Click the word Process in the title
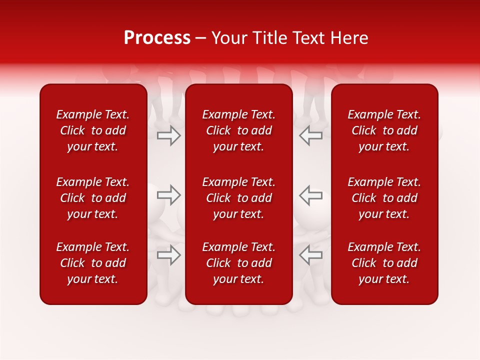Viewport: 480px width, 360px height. pos(157,38)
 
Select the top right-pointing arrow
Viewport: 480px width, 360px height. pos(169,135)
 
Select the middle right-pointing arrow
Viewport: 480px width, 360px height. pos(169,195)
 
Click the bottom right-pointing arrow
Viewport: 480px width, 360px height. pos(169,255)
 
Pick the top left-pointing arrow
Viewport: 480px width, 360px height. pos(311,135)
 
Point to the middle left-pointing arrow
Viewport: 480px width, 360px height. pos(311,195)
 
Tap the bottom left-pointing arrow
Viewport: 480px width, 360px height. pos(311,255)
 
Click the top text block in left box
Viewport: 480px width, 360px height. pos(93,130)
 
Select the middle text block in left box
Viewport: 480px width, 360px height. pos(93,198)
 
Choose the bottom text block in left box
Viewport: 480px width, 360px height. pos(93,263)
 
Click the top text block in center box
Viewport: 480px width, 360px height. pos(239,130)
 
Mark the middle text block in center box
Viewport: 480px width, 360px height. pos(239,198)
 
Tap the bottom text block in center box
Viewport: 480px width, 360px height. pos(239,263)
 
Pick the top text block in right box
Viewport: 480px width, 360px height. pos(384,130)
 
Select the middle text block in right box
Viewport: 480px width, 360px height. pos(384,198)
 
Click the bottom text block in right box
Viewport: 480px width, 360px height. pos(384,263)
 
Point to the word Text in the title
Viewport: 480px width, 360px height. pos(307,38)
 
